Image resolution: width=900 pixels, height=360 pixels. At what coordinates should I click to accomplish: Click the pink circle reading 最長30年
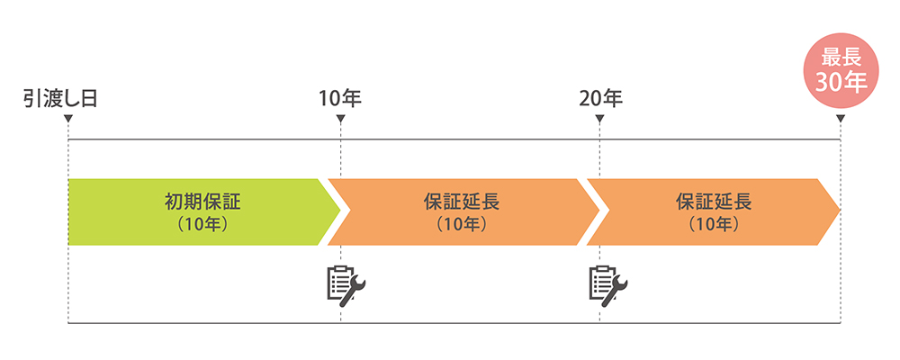click(841, 71)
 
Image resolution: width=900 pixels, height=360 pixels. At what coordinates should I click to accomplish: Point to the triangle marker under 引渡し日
click(68, 118)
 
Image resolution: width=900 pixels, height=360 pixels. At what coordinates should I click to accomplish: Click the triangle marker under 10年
click(340, 118)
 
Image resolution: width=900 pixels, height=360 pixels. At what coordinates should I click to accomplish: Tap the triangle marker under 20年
click(600, 118)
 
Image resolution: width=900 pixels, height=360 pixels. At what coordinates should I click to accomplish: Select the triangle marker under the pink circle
click(841, 118)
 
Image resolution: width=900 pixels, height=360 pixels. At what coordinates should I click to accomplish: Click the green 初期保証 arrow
click(198, 211)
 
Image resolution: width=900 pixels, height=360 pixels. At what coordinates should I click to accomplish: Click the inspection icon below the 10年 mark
click(346, 283)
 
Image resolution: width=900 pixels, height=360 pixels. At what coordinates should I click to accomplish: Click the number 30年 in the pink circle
click(841, 83)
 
